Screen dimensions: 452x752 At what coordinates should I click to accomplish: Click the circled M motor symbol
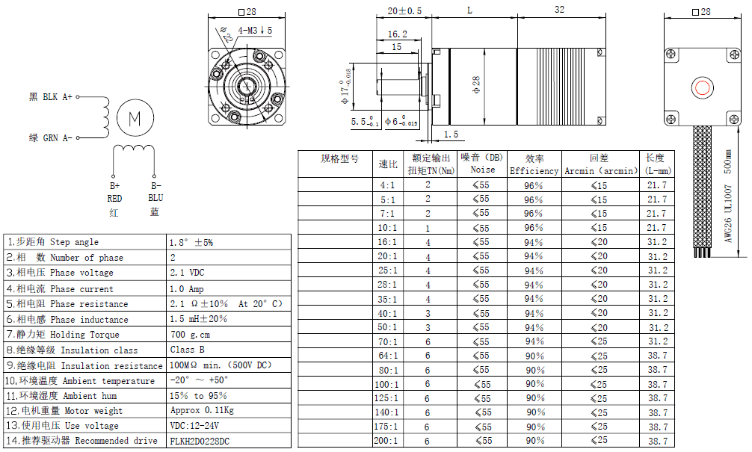click(135, 117)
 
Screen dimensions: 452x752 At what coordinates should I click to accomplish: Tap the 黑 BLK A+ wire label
click(51, 97)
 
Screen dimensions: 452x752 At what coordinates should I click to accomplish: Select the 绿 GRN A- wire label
click(51, 138)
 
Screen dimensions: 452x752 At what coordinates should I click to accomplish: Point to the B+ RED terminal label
click(114, 192)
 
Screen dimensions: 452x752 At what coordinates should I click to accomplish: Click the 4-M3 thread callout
click(254, 30)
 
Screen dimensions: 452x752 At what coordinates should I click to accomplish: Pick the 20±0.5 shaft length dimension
click(404, 10)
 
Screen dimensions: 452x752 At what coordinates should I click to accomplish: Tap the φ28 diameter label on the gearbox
click(476, 84)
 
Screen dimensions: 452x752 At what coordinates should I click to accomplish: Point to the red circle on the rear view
click(703, 87)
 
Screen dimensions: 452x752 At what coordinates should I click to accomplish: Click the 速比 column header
click(388, 164)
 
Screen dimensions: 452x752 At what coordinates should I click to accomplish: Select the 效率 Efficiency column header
click(534, 164)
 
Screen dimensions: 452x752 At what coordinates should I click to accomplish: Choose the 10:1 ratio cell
click(387, 227)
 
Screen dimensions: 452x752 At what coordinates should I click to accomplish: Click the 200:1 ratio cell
click(387, 441)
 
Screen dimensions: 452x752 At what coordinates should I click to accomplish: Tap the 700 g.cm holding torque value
click(190, 335)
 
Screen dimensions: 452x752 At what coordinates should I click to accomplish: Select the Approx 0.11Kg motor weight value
click(201, 411)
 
